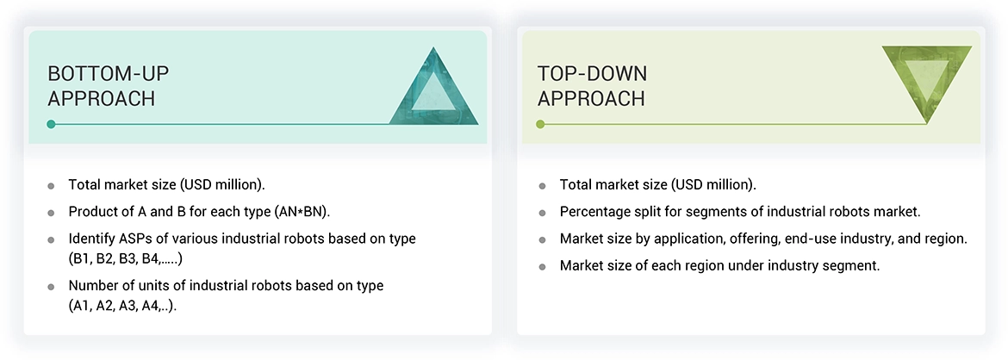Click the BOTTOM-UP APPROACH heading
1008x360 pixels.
(102, 86)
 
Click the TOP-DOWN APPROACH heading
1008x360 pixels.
(592, 86)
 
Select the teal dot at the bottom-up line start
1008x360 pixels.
(52, 124)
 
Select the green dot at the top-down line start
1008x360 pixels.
(540, 124)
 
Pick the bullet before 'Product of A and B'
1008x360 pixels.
(52, 212)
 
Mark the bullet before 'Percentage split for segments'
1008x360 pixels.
(542, 212)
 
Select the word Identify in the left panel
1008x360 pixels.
(90, 238)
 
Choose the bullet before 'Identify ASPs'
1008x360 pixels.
(52, 239)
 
